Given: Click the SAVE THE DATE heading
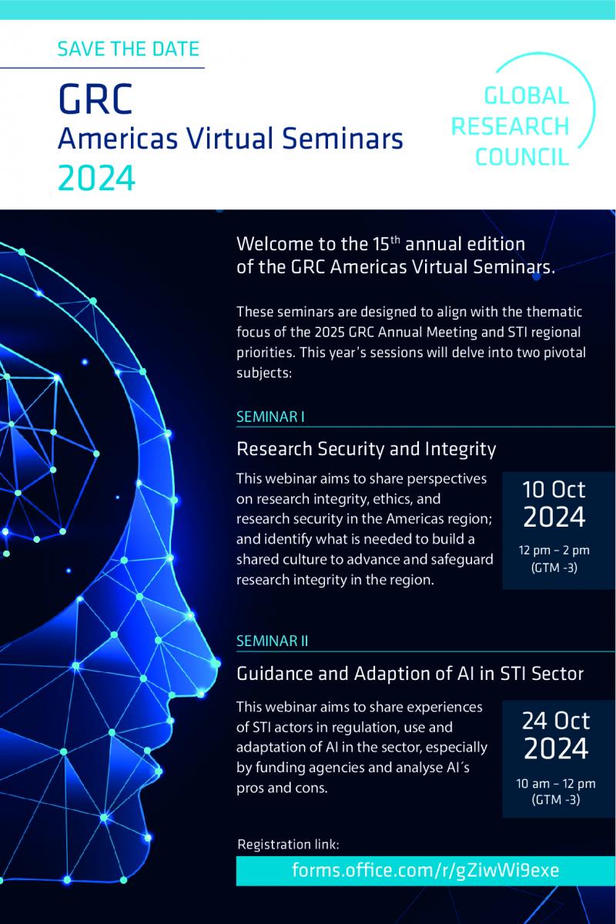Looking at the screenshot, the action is click(x=129, y=49).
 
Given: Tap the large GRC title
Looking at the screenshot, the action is click(x=95, y=99).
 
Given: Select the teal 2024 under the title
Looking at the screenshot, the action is click(x=96, y=178).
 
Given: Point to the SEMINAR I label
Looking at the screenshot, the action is click(x=270, y=417).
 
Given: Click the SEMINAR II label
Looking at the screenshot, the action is click(x=273, y=641).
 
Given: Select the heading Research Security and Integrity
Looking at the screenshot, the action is click(x=366, y=450).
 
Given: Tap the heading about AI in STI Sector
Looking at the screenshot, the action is click(x=410, y=673).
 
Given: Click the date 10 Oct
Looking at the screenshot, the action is click(x=554, y=490).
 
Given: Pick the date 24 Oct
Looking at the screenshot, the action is click(x=556, y=721).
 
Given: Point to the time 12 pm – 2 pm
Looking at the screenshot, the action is click(x=554, y=551).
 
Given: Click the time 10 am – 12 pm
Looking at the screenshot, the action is click(x=556, y=783).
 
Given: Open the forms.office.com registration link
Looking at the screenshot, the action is click(x=425, y=871).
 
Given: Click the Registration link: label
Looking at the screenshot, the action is click(x=289, y=845).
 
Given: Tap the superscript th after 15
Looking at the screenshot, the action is click(x=395, y=239).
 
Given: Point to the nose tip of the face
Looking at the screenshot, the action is click(x=216, y=664).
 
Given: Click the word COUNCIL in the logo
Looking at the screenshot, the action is click(x=522, y=157).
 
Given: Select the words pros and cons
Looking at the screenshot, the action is click(x=282, y=788).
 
